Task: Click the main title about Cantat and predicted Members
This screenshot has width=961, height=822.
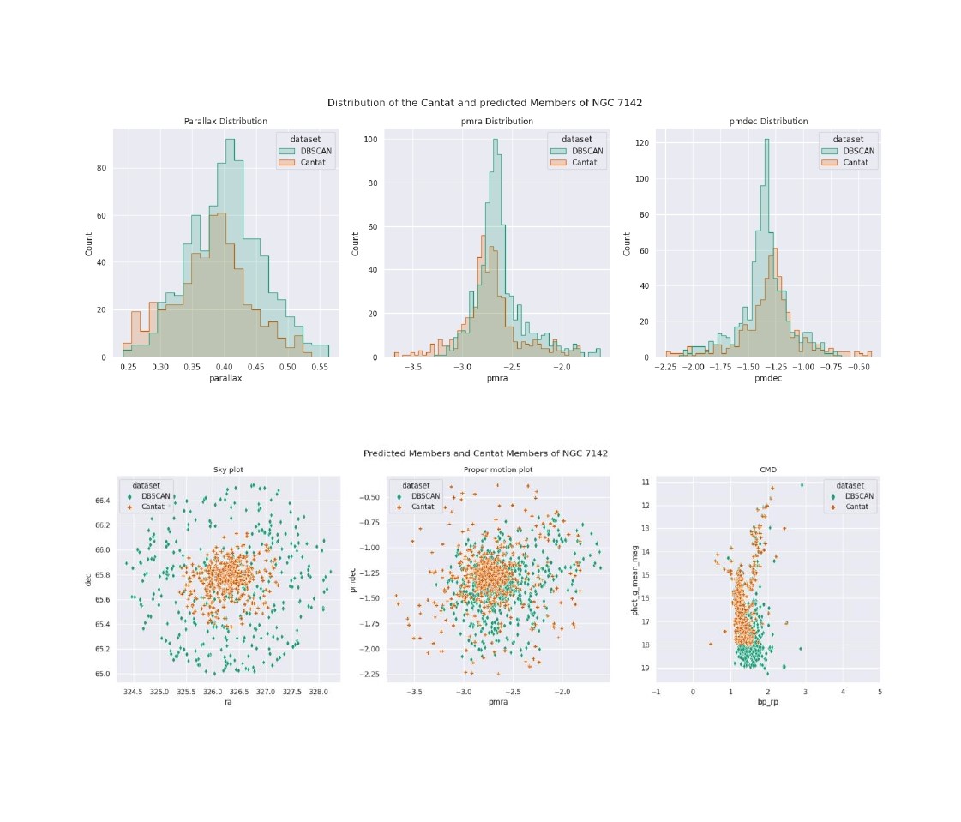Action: [485, 103]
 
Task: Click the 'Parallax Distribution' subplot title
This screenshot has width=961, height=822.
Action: [225, 122]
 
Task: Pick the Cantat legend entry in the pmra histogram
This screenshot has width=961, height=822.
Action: [584, 162]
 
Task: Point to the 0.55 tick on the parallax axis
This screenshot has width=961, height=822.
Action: [319, 366]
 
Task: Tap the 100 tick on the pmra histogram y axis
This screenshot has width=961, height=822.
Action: [371, 137]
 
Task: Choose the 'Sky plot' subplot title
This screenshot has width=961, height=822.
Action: [225, 470]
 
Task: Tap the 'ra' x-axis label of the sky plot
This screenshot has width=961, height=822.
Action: [225, 701]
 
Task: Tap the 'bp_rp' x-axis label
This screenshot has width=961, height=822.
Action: [768, 701]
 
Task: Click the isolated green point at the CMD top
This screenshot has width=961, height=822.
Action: [802, 485]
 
